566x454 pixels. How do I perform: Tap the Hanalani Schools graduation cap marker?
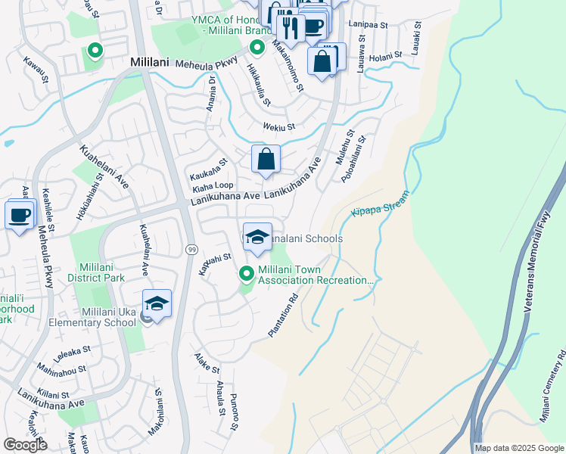[x=257, y=236]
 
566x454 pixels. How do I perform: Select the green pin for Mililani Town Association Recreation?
[x=245, y=273]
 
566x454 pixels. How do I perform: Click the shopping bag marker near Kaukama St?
[x=266, y=160]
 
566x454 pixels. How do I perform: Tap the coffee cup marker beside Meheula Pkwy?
[x=19, y=214]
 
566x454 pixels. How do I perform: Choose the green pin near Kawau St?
[x=95, y=51]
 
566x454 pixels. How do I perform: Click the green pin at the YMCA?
[x=257, y=48]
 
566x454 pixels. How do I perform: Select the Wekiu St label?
[x=278, y=127]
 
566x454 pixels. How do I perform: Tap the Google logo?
[x=25, y=445]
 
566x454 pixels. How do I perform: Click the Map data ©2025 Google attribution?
[x=519, y=448]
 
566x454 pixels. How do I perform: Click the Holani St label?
[x=385, y=56]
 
